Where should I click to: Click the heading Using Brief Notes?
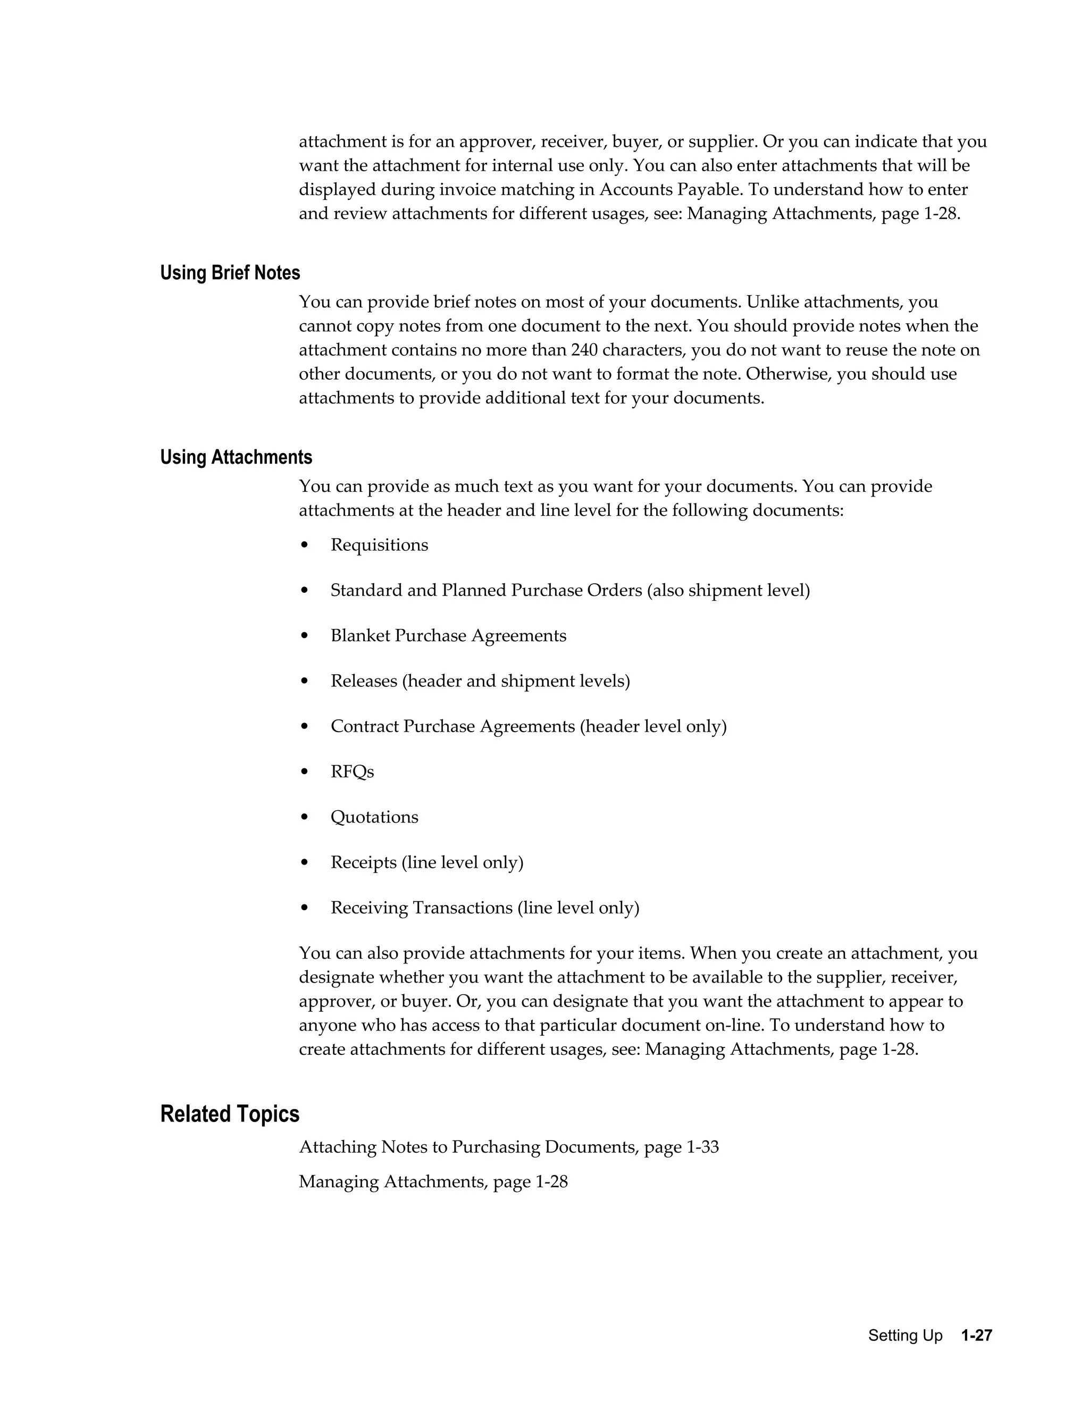coord(230,273)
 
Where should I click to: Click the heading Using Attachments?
coord(236,457)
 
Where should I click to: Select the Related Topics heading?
coord(229,1114)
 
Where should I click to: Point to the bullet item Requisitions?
coord(379,545)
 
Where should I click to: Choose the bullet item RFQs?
coord(351,771)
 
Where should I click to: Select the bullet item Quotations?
coord(374,817)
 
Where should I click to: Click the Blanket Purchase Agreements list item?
coord(448,636)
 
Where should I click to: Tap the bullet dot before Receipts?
coord(305,863)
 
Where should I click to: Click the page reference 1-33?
coord(702,1147)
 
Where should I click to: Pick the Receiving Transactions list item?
coord(484,908)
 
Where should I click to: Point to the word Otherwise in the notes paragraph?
coord(788,374)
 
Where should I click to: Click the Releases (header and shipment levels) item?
coord(480,681)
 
